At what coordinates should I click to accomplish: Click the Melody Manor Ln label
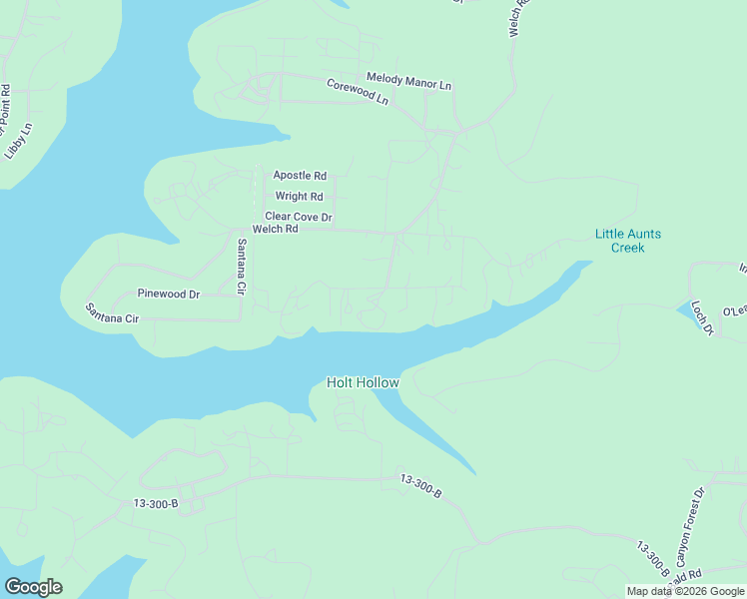[x=409, y=81]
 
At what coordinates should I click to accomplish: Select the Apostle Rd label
[x=300, y=176]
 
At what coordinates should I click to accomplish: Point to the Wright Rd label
[x=300, y=197]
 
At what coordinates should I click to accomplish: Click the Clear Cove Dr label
[x=298, y=217]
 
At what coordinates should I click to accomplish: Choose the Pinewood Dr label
[x=169, y=295]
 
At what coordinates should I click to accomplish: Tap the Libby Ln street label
[x=19, y=142]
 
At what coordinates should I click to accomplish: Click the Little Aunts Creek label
[x=628, y=241]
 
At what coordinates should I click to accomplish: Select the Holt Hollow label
[x=364, y=382]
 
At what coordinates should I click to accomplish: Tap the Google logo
[x=33, y=586]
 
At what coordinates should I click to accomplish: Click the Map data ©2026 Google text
[x=686, y=591]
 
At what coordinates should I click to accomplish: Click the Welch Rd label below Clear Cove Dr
[x=276, y=229]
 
